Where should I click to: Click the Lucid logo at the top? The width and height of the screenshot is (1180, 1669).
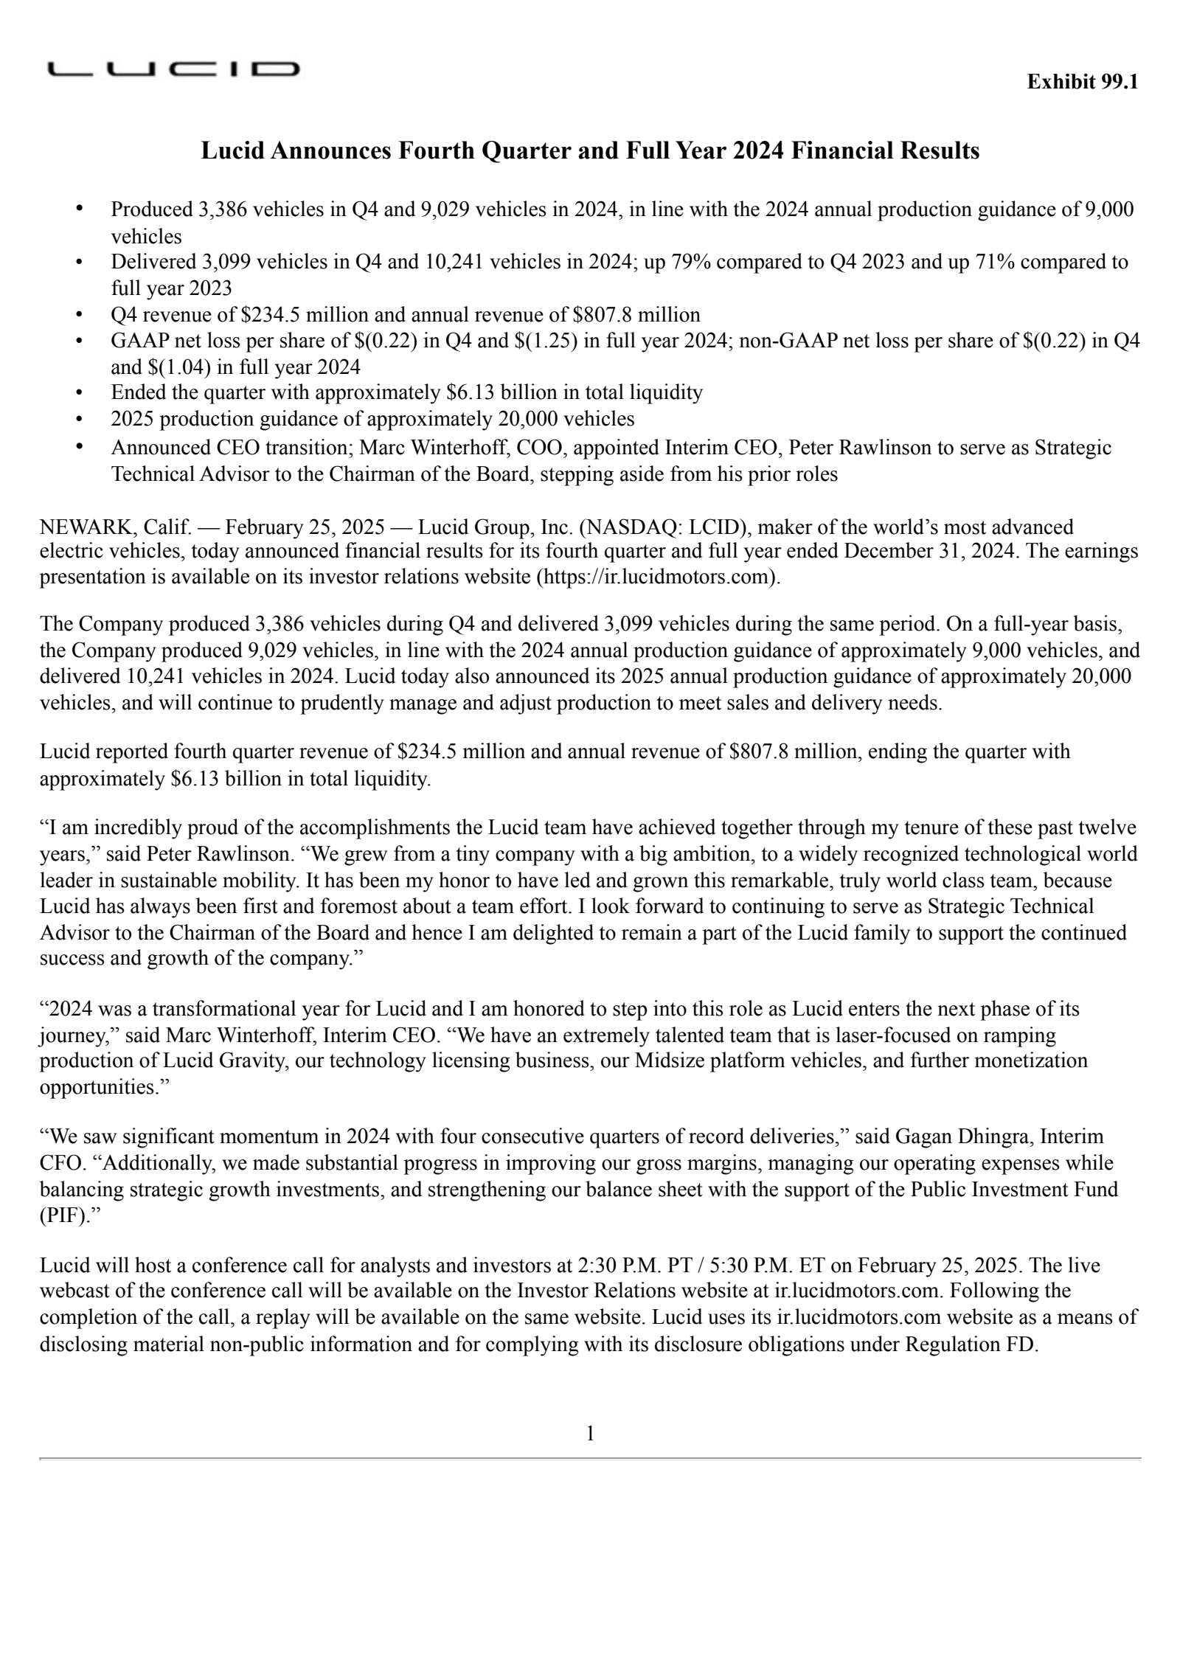(x=173, y=70)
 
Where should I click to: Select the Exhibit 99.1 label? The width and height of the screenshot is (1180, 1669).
(x=1082, y=82)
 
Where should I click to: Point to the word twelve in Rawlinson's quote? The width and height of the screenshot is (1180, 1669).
(x=1105, y=827)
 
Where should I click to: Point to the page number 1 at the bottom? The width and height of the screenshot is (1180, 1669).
(x=589, y=1434)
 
